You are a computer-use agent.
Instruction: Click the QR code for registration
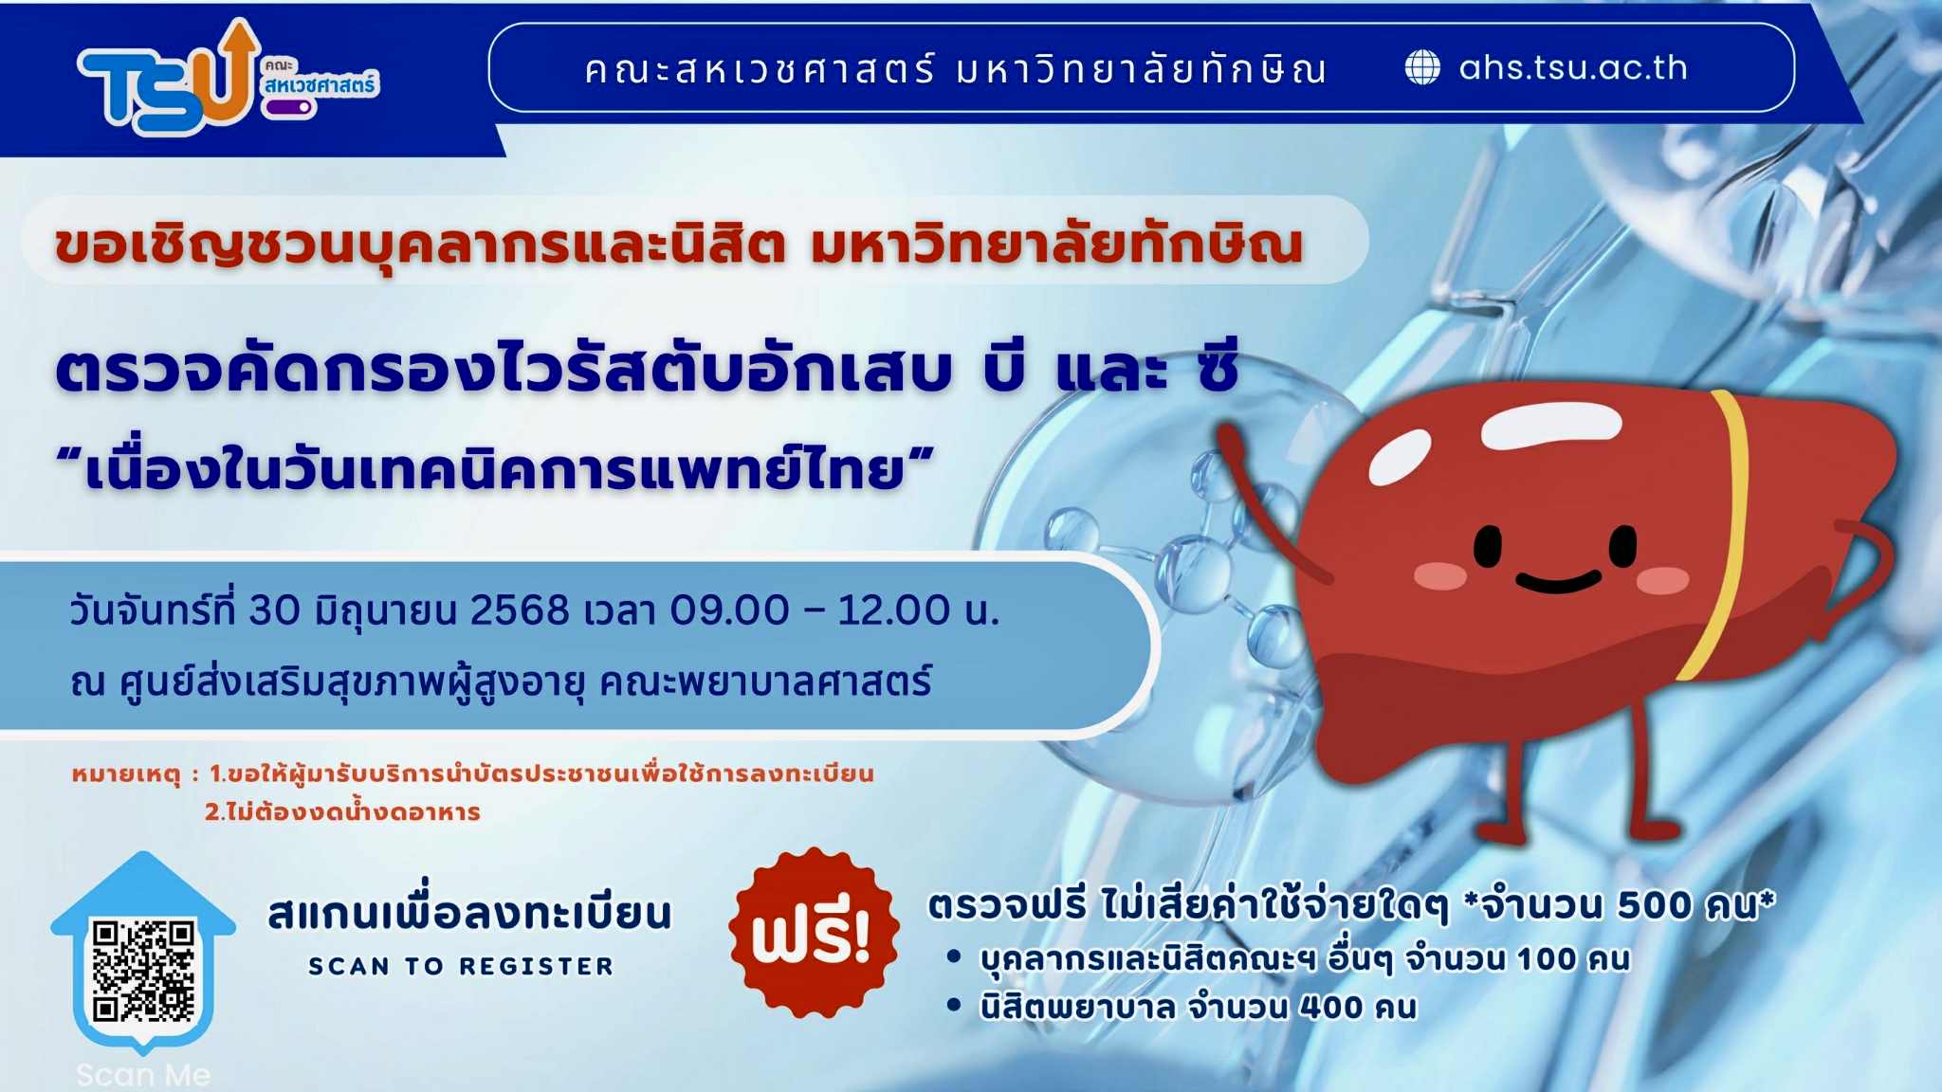(143, 969)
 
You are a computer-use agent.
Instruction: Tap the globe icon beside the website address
(1421, 67)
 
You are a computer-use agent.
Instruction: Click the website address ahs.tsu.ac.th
(1573, 67)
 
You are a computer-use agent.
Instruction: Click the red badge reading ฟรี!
(813, 933)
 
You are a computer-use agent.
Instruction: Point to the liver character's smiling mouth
(1558, 580)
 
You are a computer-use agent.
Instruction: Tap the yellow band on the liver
(1721, 531)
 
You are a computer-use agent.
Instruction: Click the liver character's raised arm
(1266, 502)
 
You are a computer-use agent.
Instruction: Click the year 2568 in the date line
(520, 610)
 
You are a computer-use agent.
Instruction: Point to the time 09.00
(729, 610)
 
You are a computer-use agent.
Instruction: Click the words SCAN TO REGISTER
(461, 966)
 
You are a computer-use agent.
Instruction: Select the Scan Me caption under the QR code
(143, 1075)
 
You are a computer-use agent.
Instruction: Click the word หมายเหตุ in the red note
(126, 774)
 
